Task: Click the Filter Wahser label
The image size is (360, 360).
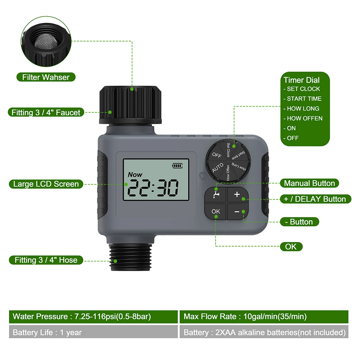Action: click(x=45, y=77)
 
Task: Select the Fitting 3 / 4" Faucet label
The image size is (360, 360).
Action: click(x=46, y=112)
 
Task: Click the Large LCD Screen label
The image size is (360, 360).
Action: click(x=46, y=184)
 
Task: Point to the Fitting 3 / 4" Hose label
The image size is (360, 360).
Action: click(x=46, y=260)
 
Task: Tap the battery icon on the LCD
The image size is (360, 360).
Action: click(x=177, y=166)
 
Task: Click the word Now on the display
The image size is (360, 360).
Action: click(x=135, y=175)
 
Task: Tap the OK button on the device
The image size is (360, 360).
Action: click(x=216, y=211)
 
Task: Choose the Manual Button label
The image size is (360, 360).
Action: click(x=309, y=183)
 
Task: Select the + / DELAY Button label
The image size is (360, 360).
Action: click(x=315, y=199)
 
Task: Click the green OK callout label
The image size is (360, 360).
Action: click(x=291, y=247)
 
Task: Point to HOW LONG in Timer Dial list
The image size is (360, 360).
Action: click(x=303, y=108)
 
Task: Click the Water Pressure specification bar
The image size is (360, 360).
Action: click(x=93, y=317)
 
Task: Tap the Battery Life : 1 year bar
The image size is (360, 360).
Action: click(x=93, y=332)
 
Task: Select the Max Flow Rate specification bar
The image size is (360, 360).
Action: click(x=264, y=317)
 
